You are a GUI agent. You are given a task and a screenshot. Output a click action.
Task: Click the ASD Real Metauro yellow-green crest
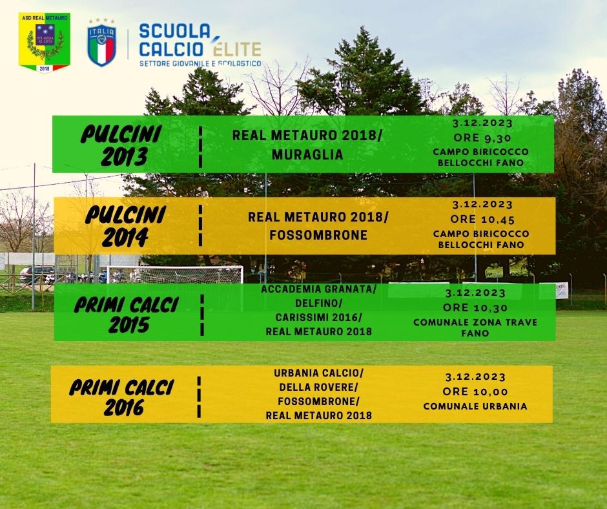[x=45, y=43]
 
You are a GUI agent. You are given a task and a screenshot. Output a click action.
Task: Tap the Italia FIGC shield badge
[x=102, y=43]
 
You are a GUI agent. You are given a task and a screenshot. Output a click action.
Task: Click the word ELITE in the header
[x=237, y=48]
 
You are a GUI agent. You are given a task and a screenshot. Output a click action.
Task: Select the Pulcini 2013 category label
[x=121, y=145]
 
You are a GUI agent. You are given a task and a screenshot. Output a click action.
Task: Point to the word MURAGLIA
[x=307, y=154]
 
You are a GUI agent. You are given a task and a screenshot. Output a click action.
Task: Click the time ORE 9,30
[x=482, y=138]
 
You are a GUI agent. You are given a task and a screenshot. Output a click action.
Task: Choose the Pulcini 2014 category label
[x=125, y=226]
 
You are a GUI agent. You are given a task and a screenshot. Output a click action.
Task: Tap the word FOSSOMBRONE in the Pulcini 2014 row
[x=318, y=235]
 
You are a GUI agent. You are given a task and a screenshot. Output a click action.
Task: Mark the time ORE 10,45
[x=482, y=219]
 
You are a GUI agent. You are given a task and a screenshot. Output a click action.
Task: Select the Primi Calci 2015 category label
[x=127, y=315]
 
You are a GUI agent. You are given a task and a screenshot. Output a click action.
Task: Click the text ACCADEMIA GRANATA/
[x=318, y=289]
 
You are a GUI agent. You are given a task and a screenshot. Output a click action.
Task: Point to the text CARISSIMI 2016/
[x=318, y=317]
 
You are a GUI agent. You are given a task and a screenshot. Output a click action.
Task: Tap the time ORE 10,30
[x=475, y=307]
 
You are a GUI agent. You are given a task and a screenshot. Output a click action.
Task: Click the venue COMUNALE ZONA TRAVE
[x=475, y=322]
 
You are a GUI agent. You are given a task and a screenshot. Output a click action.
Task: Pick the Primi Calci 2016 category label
[x=121, y=398]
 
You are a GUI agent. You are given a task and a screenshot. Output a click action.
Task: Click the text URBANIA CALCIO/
[x=318, y=373]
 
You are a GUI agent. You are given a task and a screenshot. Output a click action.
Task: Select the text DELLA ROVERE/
[x=318, y=388]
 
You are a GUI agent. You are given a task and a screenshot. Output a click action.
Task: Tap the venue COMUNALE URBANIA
[x=475, y=406]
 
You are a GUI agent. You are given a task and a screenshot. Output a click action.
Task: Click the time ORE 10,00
[x=475, y=391]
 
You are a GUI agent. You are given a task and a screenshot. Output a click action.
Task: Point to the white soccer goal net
[x=175, y=275]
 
